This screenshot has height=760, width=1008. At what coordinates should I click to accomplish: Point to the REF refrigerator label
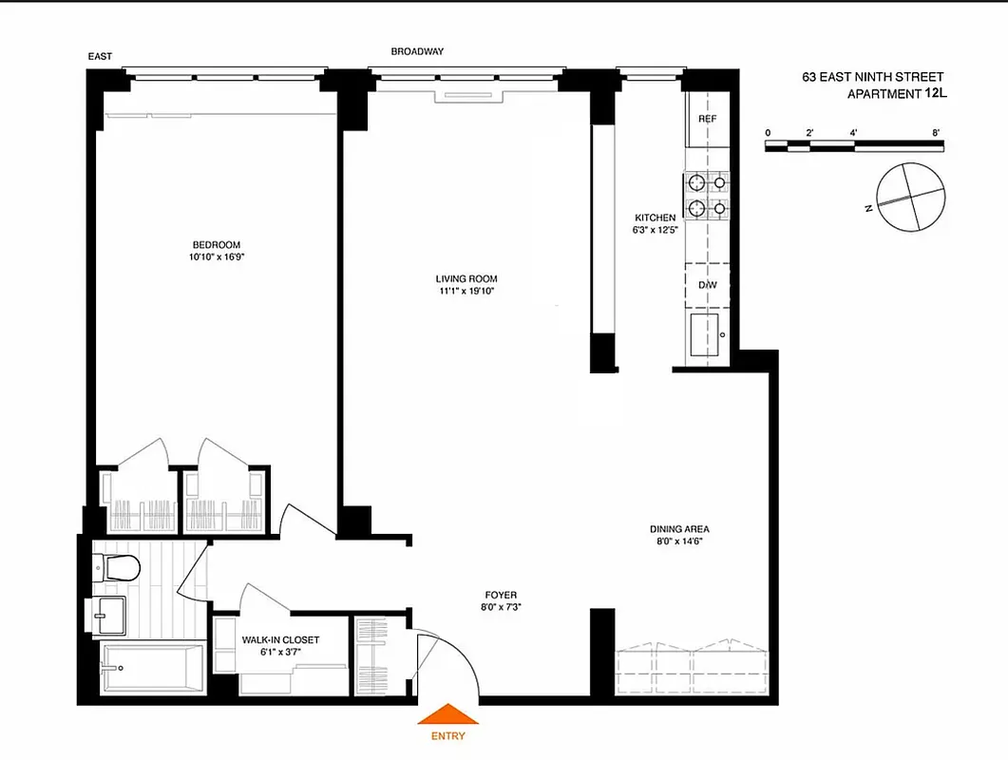pyautogui.click(x=707, y=119)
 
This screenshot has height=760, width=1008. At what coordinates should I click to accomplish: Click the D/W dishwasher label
pyautogui.click(x=707, y=285)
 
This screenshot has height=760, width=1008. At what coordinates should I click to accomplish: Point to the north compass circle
pyautogui.click(x=912, y=196)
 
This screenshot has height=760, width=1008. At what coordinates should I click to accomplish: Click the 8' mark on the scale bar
pyautogui.click(x=936, y=132)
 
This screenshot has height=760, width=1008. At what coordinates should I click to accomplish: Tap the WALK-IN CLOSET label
pyautogui.click(x=280, y=640)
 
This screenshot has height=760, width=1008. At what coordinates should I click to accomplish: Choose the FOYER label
pyautogui.click(x=500, y=595)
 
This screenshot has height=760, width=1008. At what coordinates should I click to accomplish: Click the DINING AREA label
pyautogui.click(x=679, y=529)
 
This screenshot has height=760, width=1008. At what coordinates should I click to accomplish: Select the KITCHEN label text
pyautogui.click(x=656, y=218)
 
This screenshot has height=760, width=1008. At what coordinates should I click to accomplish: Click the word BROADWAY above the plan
pyautogui.click(x=417, y=51)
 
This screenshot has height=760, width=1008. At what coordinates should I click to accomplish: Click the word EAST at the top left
pyautogui.click(x=100, y=57)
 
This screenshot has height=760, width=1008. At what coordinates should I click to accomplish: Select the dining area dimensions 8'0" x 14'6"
pyautogui.click(x=679, y=541)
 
